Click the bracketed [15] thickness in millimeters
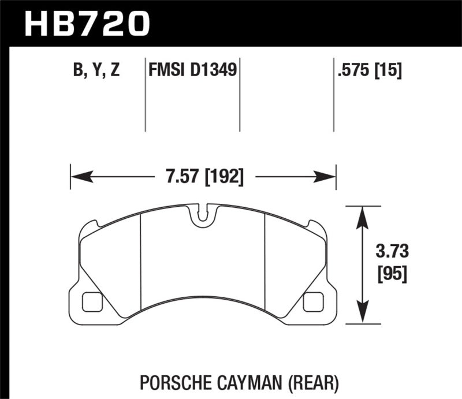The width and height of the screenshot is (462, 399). click(388, 71)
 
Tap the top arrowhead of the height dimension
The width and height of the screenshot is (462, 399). click(362, 212)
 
